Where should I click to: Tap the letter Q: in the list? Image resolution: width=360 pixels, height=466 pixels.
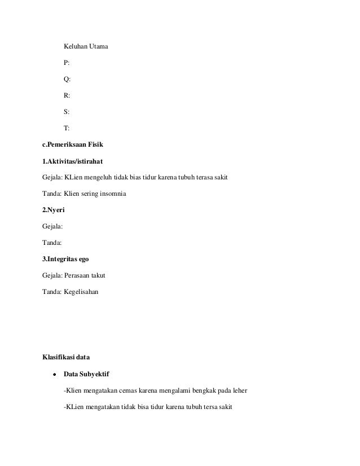point(67,95)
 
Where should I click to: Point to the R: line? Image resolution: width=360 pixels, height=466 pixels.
point(67,112)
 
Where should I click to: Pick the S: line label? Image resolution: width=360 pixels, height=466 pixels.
point(67,129)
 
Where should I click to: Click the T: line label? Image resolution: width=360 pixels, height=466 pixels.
point(67,145)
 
